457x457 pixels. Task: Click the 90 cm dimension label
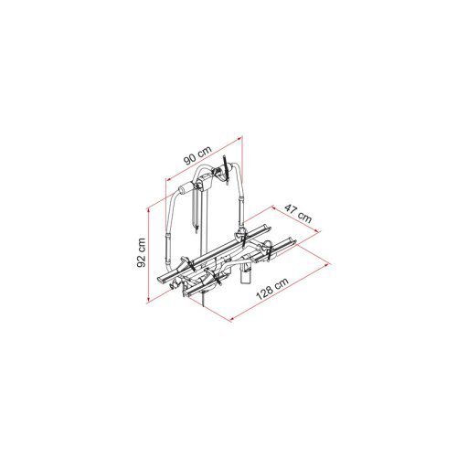point(197,155)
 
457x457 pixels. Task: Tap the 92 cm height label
point(142,252)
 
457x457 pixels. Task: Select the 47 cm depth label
point(298,213)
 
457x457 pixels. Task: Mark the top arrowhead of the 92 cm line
point(149,210)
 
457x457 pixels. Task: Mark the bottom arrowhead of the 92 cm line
point(148,301)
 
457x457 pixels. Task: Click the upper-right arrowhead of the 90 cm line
point(239,138)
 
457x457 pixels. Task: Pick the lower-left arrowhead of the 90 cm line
point(168,179)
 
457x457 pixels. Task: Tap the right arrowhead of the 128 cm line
point(327,265)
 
